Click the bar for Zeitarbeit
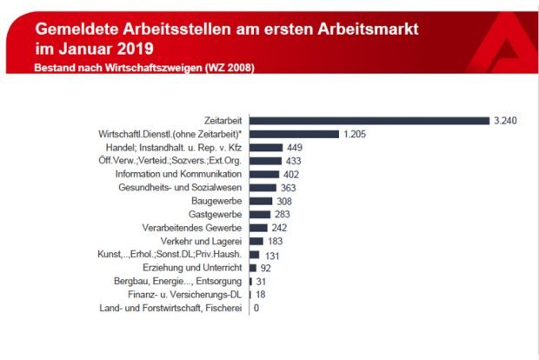pyautogui.click(x=369, y=121)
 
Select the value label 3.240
pyautogui.click(x=505, y=121)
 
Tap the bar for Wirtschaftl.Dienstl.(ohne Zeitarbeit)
pyautogui.click(x=294, y=135)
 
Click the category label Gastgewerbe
pyautogui.click(x=215, y=214)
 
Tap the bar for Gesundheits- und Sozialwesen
pyautogui.click(x=263, y=188)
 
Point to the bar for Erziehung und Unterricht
pyautogui.click(x=253, y=268)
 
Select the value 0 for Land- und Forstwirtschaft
pyautogui.click(x=256, y=308)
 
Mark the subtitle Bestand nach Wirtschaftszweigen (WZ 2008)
pyautogui.click(x=143, y=68)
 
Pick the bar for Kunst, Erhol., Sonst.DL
pyautogui.click(x=255, y=254)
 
